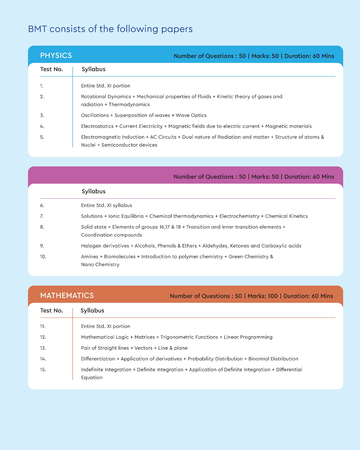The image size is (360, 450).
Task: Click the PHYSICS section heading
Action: (x=56, y=56)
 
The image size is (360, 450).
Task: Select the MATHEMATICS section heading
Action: (x=67, y=296)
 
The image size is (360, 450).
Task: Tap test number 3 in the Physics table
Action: (x=42, y=115)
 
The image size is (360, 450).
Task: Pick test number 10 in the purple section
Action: (x=43, y=257)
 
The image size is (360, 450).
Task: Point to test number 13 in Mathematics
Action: (x=43, y=348)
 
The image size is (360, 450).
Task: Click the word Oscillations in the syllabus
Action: (x=95, y=115)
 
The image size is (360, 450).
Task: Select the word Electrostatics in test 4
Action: (x=97, y=126)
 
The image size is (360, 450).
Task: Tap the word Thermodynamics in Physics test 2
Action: (x=129, y=105)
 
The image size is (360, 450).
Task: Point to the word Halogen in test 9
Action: (x=90, y=246)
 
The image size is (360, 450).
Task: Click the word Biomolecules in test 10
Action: (x=120, y=257)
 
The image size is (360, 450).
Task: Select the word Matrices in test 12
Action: (x=145, y=337)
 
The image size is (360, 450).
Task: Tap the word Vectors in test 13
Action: (x=143, y=348)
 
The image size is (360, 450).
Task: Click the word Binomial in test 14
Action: (x=259, y=359)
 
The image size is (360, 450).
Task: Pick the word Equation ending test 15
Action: (x=92, y=378)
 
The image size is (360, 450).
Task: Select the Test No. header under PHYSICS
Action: (x=51, y=69)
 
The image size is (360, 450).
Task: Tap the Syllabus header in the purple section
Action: (x=93, y=191)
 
